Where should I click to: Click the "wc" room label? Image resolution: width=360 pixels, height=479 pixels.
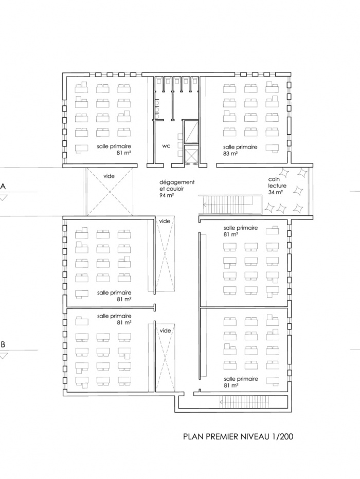[166, 146]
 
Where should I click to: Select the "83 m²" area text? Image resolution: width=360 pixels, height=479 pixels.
[230, 153]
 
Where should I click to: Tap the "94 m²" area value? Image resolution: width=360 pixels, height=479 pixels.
[166, 196]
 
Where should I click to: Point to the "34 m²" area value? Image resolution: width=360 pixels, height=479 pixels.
[276, 192]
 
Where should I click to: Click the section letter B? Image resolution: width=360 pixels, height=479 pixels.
[4, 344]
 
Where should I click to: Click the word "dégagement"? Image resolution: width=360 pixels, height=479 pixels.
[176, 182]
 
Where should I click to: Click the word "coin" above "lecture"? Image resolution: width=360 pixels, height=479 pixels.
[273, 179]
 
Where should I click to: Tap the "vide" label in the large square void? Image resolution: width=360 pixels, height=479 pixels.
[109, 176]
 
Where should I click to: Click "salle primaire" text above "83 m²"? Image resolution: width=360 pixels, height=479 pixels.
[240, 147]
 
